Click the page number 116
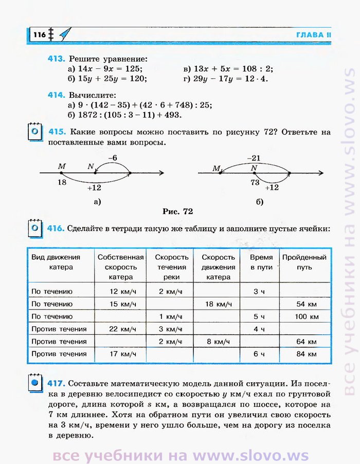tap(39, 34)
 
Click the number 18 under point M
tap(62, 182)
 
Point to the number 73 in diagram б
tap(254, 182)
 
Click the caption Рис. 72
tap(177, 211)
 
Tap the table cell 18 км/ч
tap(218, 304)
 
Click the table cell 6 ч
tap(259, 354)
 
